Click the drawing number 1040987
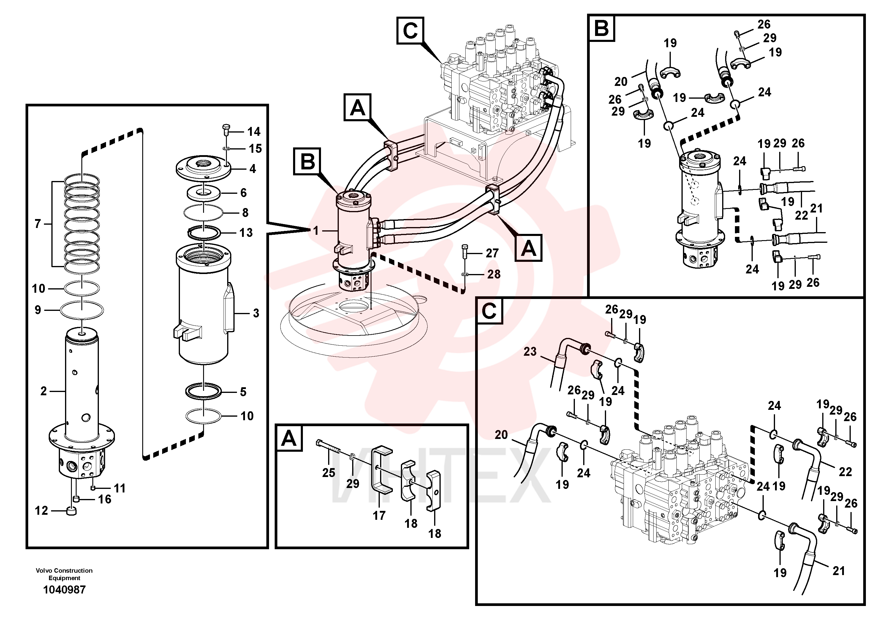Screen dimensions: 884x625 pos(64,590)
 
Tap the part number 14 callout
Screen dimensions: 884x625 pos(254,132)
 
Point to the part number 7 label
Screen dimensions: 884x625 pos(38,223)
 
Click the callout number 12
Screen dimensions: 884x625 pos(42,511)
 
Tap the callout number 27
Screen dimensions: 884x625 pos(492,253)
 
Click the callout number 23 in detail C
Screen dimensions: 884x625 pos(530,351)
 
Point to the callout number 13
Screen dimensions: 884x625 pos(246,233)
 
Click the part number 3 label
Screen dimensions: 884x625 pos(256,313)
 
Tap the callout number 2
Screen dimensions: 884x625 pos(44,391)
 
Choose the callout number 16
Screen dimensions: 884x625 pos(104,499)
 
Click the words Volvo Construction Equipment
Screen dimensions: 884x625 pos(64,574)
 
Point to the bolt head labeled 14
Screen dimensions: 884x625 pos(226,127)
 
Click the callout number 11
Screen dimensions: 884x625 pos(120,488)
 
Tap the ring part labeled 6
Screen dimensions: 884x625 pos(204,193)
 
